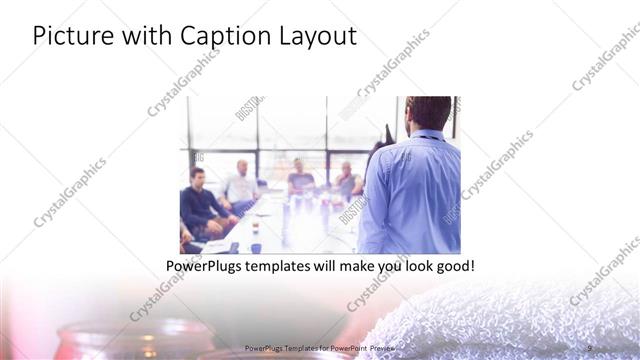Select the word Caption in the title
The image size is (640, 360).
pyautogui.click(x=220, y=37)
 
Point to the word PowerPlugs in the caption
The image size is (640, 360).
pyautogui.click(x=204, y=267)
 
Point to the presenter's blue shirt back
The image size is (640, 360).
pyautogui.click(x=413, y=190)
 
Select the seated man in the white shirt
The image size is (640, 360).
pyautogui.click(x=241, y=187)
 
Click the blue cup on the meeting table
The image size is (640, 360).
pyautogui.click(x=256, y=246)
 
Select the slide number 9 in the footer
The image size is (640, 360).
pyautogui.click(x=589, y=347)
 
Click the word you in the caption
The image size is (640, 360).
pyautogui.click(x=384, y=267)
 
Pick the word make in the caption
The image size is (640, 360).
pyautogui.click(x=349, y=267)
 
